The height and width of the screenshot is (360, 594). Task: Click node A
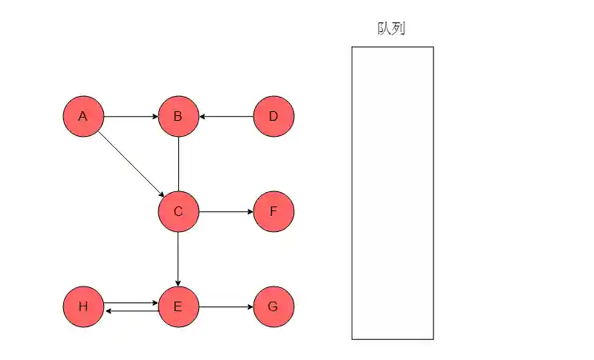[83, 117]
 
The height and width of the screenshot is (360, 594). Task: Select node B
[178, 117]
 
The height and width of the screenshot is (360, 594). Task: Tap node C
[178, 212]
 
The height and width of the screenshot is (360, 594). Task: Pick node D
[273, 117]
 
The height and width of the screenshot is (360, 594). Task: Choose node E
[178, 307]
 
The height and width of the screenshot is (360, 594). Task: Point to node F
[273, 212]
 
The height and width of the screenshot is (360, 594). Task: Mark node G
[273, 307]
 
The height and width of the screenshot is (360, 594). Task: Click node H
[83, 307]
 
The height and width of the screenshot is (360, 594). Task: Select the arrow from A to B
[130, 117]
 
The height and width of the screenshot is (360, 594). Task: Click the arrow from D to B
[226, 117]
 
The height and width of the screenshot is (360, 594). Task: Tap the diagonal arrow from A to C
[131, 164]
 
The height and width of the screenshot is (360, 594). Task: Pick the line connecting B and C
[178, 164]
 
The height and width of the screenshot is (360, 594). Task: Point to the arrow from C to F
[226, 212]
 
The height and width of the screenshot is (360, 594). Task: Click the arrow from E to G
[226, 307]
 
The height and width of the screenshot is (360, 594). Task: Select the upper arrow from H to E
[130, 303]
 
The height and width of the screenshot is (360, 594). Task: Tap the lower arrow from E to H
[130, 311]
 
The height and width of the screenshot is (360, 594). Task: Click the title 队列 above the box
[392, 29]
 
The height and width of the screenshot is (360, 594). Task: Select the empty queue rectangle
[393, 193]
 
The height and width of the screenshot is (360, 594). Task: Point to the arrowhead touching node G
[249, 307]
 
